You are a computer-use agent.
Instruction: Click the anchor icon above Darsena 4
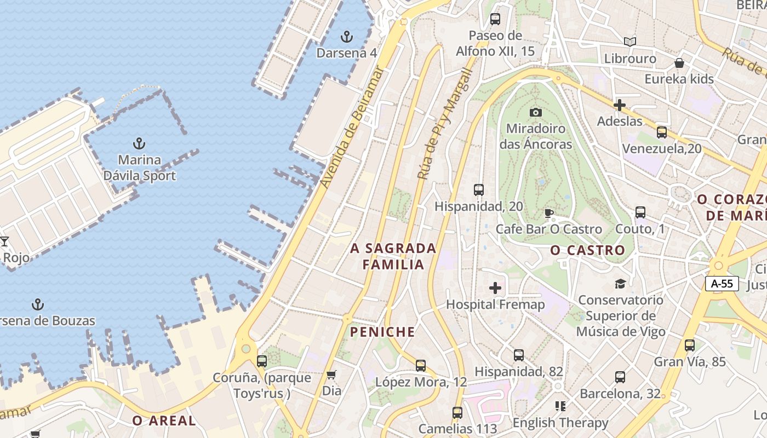pos(346,37)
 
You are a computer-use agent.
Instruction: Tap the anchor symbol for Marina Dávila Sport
pos(140,144)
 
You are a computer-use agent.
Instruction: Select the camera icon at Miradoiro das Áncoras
pos(536,112)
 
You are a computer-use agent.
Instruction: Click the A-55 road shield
pos(722,284)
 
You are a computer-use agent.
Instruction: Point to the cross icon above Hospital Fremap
pos(495,288)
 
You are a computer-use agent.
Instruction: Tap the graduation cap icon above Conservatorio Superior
pos(620,284)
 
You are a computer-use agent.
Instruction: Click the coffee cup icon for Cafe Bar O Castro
pos(548,213)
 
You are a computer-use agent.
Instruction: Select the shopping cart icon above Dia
pos(331,375)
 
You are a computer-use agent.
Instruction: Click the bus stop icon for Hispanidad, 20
pos(479,190)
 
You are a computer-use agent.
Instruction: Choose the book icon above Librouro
pos(630,42)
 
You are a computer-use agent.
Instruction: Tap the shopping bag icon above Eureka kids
pos(679,62)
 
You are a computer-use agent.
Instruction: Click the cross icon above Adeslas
pos(620,105)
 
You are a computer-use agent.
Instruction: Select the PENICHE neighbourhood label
pos(382,332)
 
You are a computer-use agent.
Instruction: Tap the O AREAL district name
pos(164,420)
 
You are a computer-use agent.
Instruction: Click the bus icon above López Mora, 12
pos(421,365)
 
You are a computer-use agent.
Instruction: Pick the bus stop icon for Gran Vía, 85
pos(690,345)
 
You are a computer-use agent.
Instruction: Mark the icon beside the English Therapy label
pos(560,406)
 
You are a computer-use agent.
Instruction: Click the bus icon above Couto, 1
pos(640,212)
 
